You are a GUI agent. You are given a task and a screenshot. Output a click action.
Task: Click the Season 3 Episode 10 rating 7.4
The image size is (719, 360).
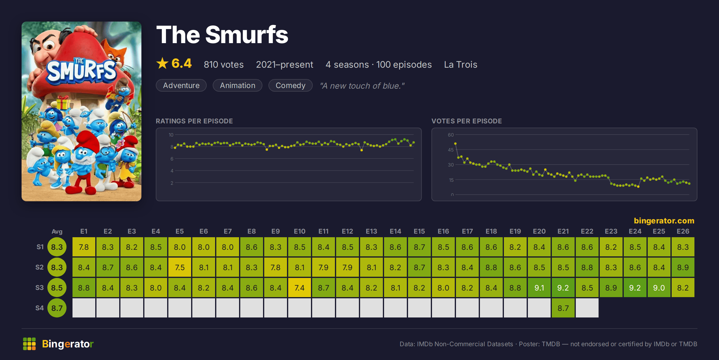(300, 288)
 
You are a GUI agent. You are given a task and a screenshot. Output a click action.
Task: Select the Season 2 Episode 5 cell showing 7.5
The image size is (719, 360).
(180, 267)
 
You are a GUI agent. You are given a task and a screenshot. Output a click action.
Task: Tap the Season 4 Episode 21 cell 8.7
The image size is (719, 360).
(563, 308)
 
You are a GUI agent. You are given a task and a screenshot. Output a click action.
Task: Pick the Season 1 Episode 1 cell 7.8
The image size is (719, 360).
(84, 247)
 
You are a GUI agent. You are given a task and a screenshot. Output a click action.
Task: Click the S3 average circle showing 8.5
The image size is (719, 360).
(57, 288)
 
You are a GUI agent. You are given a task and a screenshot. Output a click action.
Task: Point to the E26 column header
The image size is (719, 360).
(683, 231)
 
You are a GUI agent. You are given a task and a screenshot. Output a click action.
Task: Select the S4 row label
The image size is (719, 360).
(40, 308)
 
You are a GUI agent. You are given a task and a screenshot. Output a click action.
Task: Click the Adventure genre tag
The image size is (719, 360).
(181, 85)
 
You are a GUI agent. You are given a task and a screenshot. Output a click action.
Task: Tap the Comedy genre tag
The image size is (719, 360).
(290, 85)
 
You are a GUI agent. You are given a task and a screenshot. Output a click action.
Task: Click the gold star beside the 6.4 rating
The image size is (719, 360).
(162, 63)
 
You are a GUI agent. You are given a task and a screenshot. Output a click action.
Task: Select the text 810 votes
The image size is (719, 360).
(224, 64)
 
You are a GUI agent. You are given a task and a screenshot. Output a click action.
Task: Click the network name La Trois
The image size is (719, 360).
(460, 64)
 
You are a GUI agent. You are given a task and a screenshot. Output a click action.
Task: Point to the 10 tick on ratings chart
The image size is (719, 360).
(171, 135)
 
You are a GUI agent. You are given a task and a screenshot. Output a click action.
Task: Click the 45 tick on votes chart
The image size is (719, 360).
(451, 150)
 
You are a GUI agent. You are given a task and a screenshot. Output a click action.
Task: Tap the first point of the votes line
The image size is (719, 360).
(455, 144)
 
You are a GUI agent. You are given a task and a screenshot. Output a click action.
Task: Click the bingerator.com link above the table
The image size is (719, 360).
(664, 221)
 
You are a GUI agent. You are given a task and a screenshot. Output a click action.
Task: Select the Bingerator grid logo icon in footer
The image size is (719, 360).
(29, 344)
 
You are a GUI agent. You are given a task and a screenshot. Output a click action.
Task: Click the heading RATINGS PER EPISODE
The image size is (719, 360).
(194, 121)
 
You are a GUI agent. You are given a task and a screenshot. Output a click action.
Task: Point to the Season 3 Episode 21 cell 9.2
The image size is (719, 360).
(563, 288)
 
